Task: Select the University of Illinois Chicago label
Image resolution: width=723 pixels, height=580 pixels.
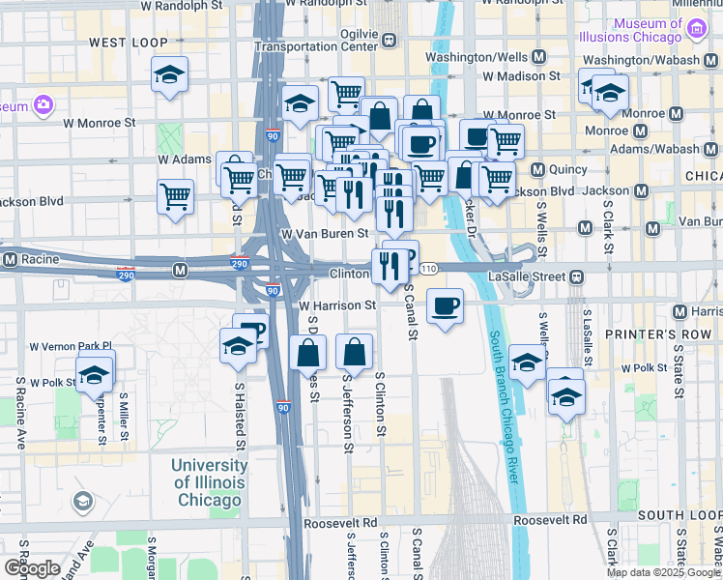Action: [x=208, y=482]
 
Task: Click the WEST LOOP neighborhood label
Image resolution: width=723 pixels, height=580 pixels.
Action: [x=128, y=43]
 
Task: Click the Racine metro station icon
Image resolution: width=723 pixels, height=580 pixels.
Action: [x=11, y=260]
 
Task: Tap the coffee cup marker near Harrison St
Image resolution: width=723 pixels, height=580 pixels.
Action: [x=444, y=307]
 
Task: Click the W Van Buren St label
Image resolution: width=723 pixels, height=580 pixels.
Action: [x=325, y=233]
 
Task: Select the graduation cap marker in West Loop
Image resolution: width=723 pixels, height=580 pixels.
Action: [x=169, y=75]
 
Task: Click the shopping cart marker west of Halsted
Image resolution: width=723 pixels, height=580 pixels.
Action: [x=175, y=197]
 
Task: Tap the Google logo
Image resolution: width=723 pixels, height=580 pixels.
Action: [x=31, y=567]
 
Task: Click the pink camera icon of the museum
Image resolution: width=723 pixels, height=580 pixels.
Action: [x=43, y=104]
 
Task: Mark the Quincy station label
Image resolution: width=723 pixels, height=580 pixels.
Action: [x=567, y=169]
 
